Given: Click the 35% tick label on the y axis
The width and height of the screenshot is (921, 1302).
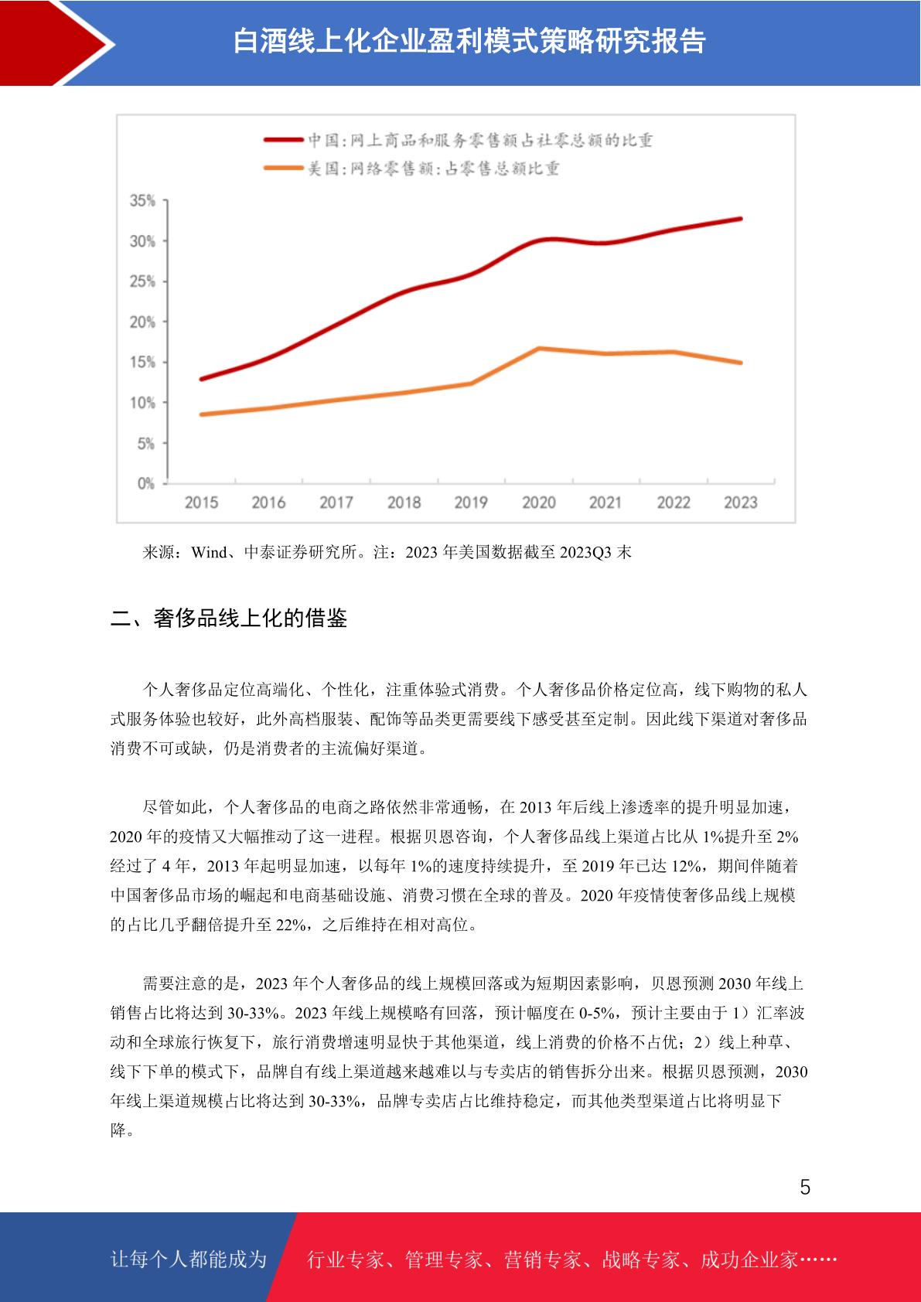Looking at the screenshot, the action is point(142,200).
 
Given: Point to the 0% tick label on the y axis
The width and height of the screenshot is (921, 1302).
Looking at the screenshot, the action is point(146,483).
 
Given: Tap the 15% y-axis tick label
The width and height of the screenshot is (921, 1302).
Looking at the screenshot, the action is point(142,362).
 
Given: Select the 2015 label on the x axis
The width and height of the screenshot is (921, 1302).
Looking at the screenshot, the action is point(201,503).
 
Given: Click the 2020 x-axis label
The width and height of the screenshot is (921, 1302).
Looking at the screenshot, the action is point(538,503).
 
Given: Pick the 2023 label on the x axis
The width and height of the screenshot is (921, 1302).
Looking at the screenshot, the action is point(740,503).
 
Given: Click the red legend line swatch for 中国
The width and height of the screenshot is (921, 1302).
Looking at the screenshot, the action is point(284,139).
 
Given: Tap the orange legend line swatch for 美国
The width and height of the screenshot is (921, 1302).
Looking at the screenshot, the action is point(284,168).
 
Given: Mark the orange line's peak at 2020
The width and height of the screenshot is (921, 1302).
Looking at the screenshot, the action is point(539,349).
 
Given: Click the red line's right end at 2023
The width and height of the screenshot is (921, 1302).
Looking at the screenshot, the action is point(740,219).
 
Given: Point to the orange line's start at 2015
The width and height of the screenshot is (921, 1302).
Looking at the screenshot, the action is point(201,414).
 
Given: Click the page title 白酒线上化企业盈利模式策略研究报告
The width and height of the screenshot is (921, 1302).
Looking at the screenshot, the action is point(469,42).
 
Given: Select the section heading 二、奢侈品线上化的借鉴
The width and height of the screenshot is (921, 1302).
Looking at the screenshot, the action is point(228,618).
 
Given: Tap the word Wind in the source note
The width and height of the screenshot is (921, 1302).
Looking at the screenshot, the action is point(209,551).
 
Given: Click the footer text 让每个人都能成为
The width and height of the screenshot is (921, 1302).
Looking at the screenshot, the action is point(189,1259).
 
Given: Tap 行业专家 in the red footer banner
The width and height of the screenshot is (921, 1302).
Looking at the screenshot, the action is point(346,1259).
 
